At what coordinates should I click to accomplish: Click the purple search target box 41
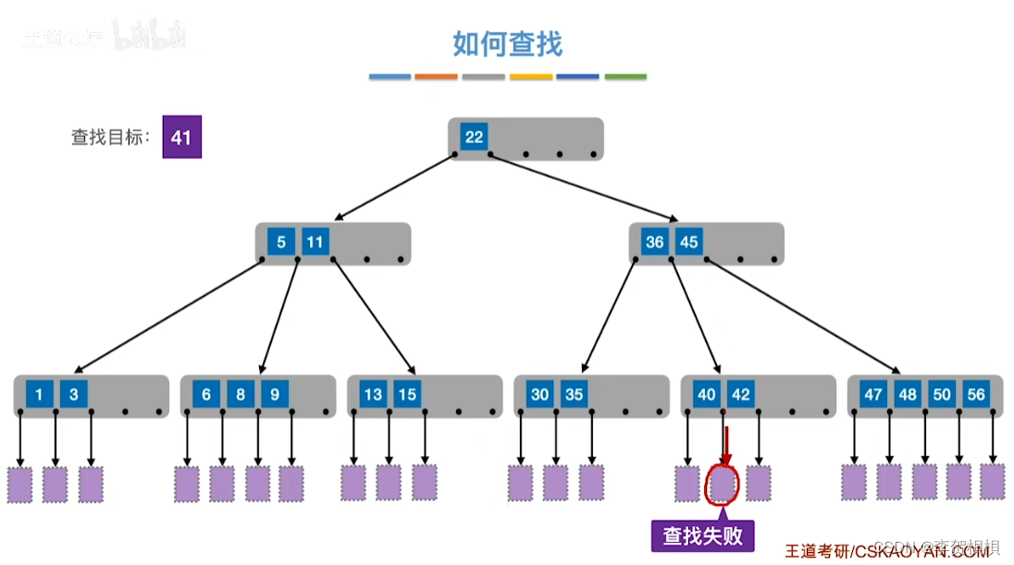tap(181, 137)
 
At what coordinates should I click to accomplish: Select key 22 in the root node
tap(474, 137)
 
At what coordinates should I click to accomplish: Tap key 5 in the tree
tap(281, 242)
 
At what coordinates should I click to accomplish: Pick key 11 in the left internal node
tap(315, 242)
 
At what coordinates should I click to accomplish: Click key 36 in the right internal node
tap(655, 242)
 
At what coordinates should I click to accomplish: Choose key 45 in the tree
tap(688, 242)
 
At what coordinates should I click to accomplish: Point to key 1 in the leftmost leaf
tap(39, 395)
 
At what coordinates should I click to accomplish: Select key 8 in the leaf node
tap(241, 395)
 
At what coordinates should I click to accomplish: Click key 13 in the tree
tap(373, 395)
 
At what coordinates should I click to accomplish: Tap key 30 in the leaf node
tap(539, 395)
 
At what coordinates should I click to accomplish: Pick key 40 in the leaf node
tap(707, 395)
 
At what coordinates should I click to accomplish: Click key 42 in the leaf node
tap(741, 395)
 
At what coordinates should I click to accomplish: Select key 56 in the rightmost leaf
tap(976, 395)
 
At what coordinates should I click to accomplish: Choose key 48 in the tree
tap(908, 395)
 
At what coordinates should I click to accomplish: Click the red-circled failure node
tap(723, 483)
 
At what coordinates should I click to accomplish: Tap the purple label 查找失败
tap(702, 535)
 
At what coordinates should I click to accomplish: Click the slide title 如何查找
tap(507, 43)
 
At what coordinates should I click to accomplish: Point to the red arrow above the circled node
tap(726, 446)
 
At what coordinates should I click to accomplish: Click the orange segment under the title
tap(436, 77)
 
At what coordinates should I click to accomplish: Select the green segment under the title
tap(625, 77)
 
